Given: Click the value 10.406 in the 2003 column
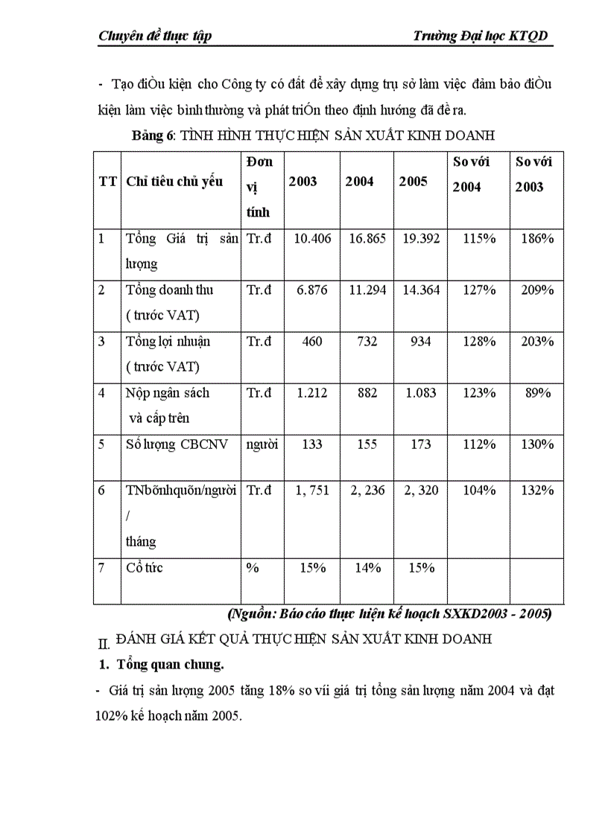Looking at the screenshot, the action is point(312,239).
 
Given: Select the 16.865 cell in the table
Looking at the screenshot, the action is point(366,239).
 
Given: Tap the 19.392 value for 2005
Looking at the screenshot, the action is point(420,239).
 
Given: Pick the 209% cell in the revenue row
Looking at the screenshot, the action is point(537,290).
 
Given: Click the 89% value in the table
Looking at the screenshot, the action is point(537,393).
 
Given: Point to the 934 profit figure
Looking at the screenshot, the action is point(420,342).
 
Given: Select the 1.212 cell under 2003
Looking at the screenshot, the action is point(312,393).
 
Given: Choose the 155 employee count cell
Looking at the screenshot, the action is point(366,444).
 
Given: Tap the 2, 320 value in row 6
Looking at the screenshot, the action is point(420,491).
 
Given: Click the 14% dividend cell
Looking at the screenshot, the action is point(366,568).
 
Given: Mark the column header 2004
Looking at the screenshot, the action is point(359,182).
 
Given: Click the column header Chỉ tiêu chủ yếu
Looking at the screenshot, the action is point(174,182).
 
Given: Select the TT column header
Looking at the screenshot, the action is point(107,182).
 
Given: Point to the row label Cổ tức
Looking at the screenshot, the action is point(145,568).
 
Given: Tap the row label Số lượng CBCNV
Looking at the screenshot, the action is point(171,444).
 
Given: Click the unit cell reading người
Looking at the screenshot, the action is point(262,444).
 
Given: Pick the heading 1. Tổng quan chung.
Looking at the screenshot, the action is point(161,664).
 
